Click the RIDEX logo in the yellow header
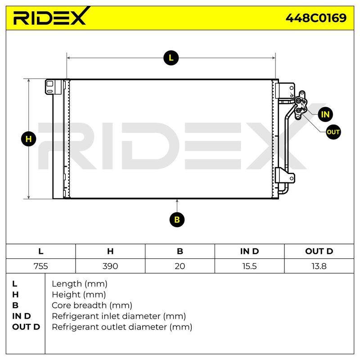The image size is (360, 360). (50, 16)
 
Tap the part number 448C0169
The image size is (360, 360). (316, 18)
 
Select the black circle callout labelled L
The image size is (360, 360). (171, 58)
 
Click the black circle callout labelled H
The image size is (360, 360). (28, 139)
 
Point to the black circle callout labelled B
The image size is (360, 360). (177, 220)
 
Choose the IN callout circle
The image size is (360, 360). (325, 114)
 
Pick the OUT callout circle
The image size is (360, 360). (333, 132)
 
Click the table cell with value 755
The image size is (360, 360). (40, 266)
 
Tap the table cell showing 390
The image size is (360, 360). (110, 266)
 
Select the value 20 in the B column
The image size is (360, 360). (180, 266)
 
